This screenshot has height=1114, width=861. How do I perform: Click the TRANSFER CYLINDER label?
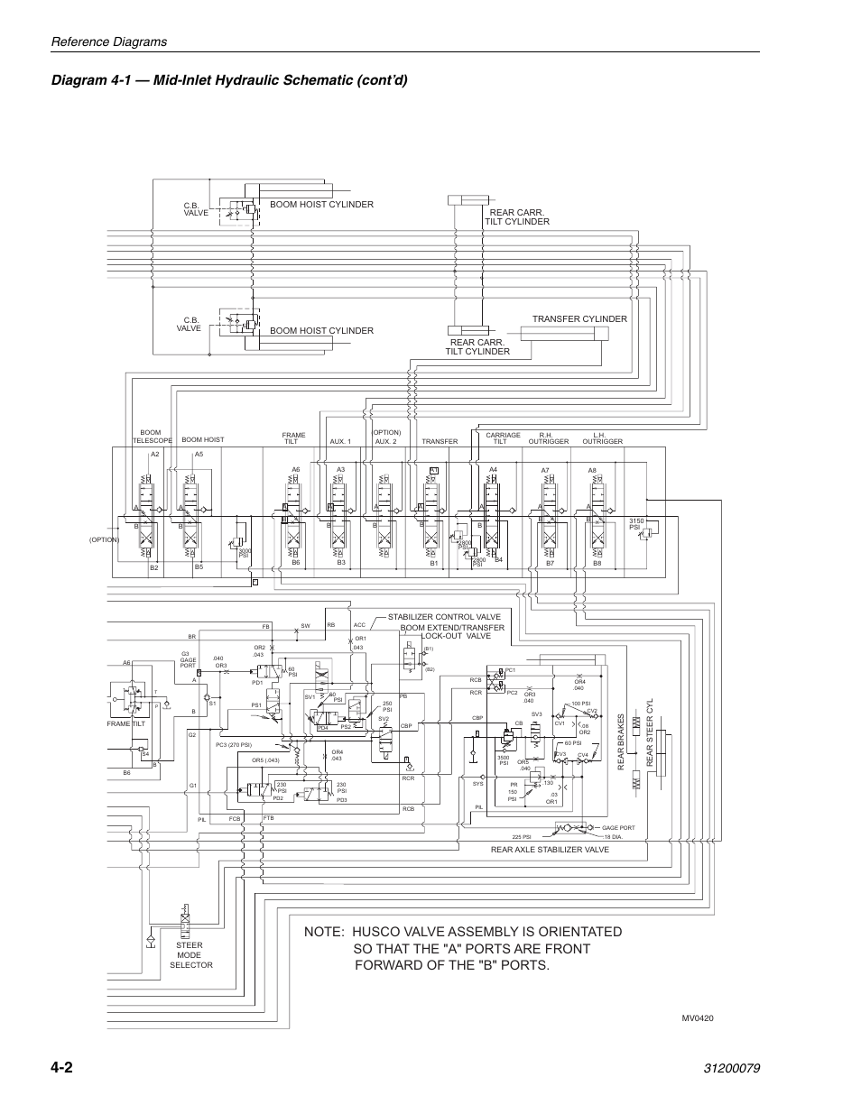coord(579,319)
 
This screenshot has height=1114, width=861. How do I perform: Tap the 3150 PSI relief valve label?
coord(634,523)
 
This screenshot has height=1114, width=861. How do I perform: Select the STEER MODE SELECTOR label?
coord(190,955)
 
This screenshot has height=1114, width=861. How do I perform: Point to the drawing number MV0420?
coord(698,1017)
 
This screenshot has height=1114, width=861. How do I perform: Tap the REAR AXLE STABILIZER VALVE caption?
coord(550,850)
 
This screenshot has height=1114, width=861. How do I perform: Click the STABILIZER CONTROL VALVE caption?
coord(444,617)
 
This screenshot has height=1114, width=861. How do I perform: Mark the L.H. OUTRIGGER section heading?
coord(602,438)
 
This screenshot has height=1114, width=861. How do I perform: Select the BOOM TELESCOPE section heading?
coord(152,437)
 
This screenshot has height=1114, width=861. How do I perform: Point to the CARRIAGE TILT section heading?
coord(504,438)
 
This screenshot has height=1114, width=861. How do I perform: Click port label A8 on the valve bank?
coord(592,470)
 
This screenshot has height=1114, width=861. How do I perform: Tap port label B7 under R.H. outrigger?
coord(549,563)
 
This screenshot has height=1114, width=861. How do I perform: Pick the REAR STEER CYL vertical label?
coord(648,734)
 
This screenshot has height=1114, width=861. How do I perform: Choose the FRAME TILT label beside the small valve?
coord(125,723)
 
